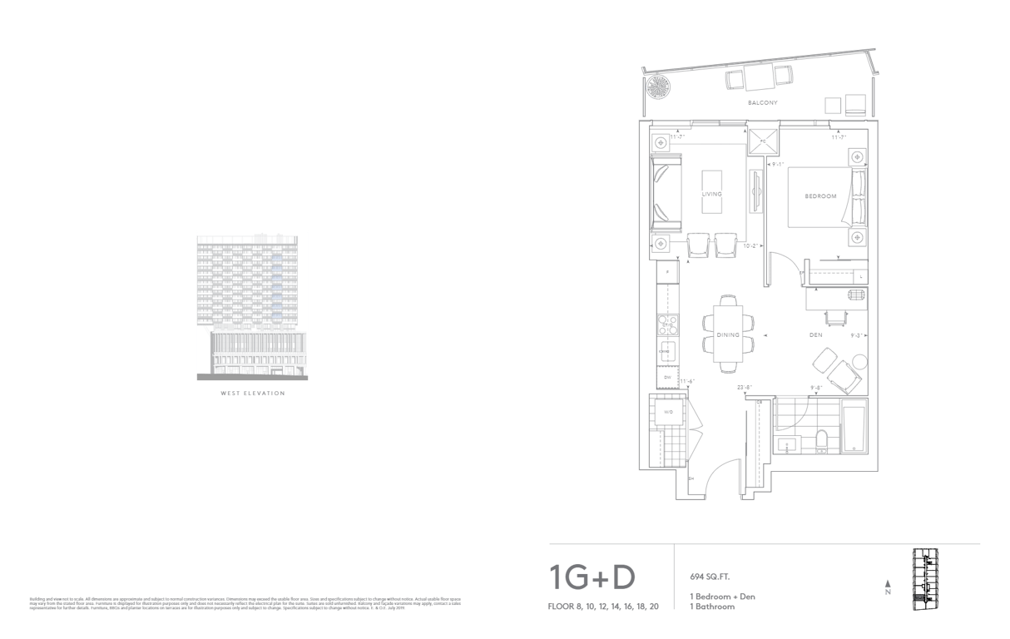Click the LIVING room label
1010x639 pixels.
point(712,193)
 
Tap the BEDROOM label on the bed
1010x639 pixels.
point(820,196)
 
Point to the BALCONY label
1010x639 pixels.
point(762,103)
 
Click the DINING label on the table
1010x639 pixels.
point(728,334)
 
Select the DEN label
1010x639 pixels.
point(816,335)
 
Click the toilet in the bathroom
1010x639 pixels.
point(821,441)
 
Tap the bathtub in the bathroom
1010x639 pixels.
point(854,430)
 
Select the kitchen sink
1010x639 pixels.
point(666,352)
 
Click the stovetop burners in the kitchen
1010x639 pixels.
point(666,322)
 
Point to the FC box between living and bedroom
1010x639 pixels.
point(763,141)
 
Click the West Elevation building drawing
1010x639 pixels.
point(252,305)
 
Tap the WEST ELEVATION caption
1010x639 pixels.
point(252,394)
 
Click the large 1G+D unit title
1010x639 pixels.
point(592,577)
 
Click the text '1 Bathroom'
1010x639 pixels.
point(712,607)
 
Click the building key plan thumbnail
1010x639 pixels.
point(925,579)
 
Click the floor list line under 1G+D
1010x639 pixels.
point(604,607)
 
